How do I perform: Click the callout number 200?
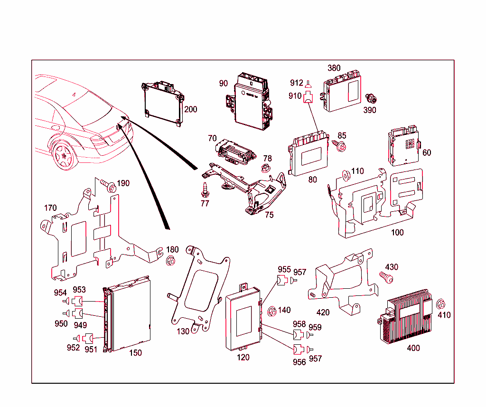(190, 109)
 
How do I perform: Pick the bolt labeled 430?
(386, 277)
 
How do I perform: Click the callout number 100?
(397, 232)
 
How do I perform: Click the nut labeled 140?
(273, 312)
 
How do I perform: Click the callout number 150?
(135, 353)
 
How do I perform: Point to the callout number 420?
(323, 312)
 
